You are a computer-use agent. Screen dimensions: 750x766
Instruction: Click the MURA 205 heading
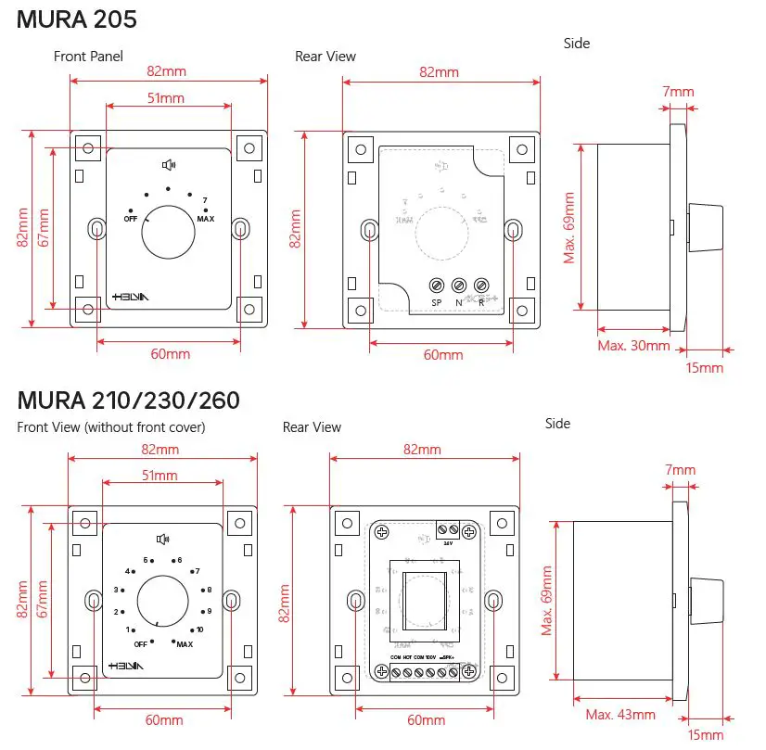pyautogui.click(x=78, y=19)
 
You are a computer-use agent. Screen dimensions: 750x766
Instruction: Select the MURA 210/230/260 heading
pyautogui.click(x=128, y=400)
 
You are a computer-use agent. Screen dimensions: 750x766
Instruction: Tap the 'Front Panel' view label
pyautogui.click(x=88, y=57)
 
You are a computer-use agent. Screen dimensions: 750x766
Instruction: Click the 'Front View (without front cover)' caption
pyautogui.click(x=111, y=427)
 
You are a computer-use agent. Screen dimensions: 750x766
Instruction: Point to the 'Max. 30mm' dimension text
pyautogui.click(x=633, y=346)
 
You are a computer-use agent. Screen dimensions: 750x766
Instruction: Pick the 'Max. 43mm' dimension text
pyautogui.click(x=620, y=715)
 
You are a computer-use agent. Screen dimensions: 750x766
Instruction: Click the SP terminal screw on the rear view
pyautogui.click(x=436, y=286)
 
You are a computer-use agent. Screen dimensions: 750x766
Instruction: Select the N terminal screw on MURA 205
pyautogui.click(x=458, y=286)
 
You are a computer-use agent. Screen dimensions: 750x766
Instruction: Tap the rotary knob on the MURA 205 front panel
pyautogui.click(x=168, y=232)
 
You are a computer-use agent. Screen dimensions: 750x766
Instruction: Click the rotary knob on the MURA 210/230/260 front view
pyautogui.click(x=163, y=603)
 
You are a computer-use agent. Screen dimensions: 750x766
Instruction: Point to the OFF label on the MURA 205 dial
pyautogui.click(x=131, y=219)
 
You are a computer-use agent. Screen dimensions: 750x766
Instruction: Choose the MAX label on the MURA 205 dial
pyautogui.click(x=206, y=219)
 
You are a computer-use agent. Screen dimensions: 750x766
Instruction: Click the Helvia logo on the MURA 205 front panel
pyautogui.click(x=129, y=296)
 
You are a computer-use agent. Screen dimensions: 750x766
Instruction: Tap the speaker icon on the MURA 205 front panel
pyautogui.click(x=169, y=166)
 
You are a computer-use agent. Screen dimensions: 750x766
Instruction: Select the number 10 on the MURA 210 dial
pyautogui.click(x=199, y=629)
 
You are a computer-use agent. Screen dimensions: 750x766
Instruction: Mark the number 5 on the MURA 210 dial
pyautogui.click(x=146, y=560)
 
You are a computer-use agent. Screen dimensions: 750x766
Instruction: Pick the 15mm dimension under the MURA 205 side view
pyautogui.click(x=704, y=368)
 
